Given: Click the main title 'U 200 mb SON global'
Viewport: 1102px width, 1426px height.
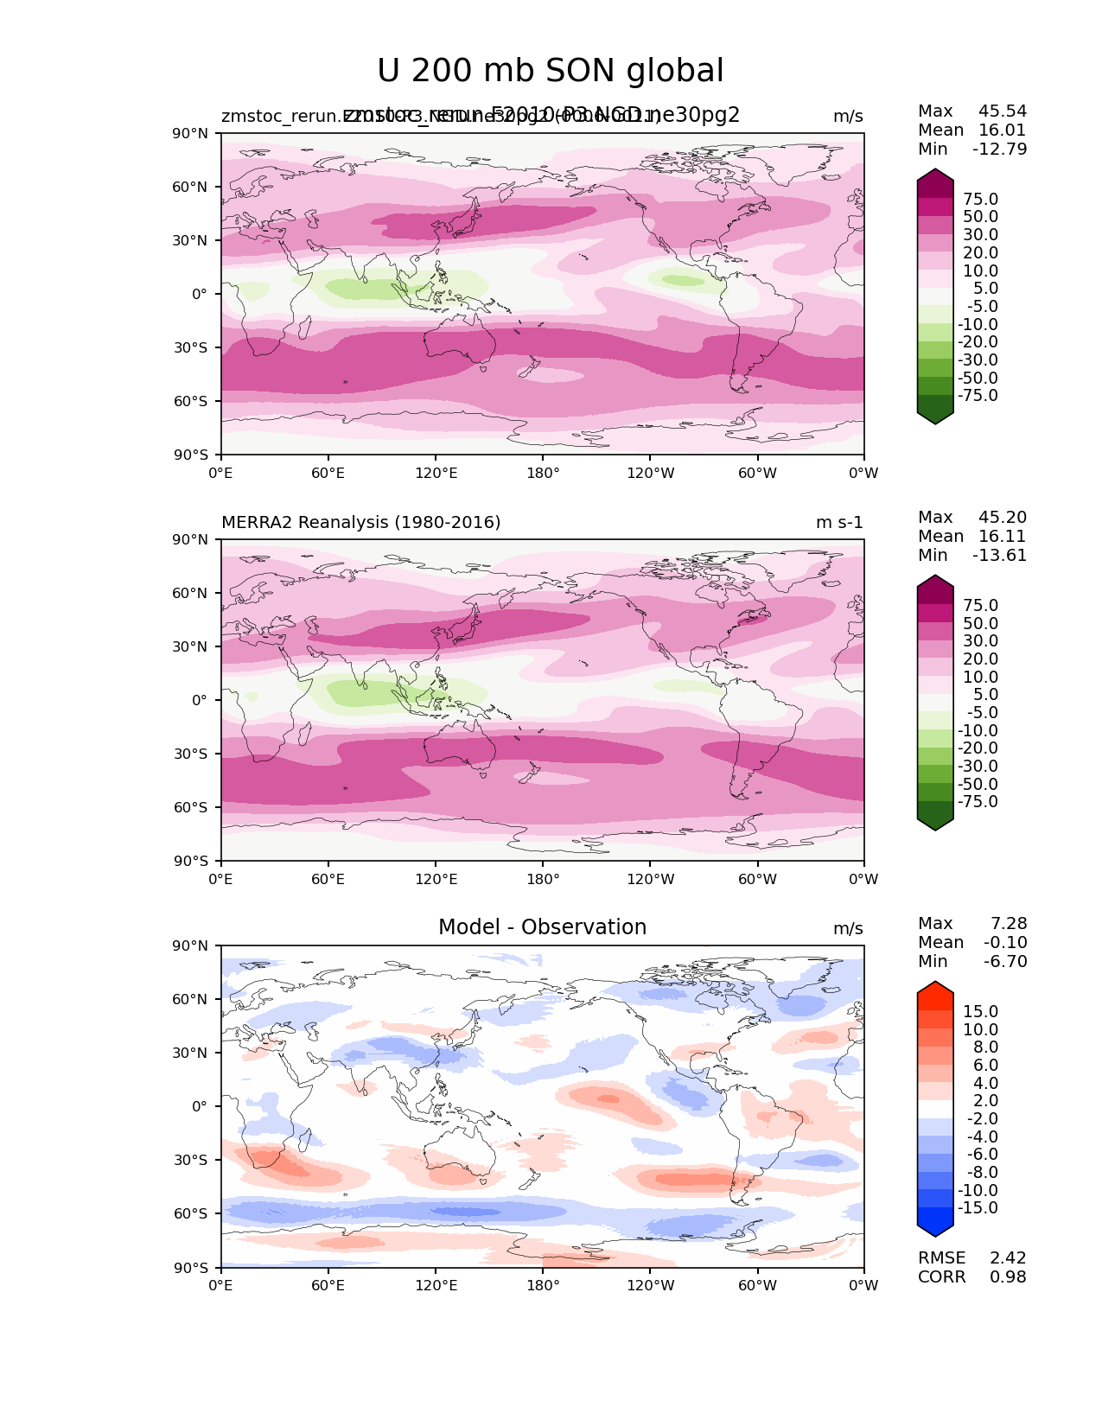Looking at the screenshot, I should pos(550,71).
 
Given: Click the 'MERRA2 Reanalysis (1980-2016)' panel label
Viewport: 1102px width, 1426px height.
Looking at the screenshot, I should pos(360,523).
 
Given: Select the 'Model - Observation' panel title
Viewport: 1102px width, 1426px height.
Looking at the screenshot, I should pos(542,927).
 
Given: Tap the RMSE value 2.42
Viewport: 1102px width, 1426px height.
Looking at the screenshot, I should pos(1008,1258).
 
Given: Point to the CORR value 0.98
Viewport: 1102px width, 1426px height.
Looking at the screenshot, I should pos(1008,1277).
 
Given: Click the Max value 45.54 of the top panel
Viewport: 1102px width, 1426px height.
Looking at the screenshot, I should pos(1003,111).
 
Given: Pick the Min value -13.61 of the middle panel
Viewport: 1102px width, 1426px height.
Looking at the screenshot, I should pos(1000,556).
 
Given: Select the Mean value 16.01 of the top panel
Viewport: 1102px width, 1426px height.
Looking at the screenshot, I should pos(1003,131).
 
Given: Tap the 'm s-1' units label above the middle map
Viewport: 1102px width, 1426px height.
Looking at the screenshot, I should pos(839,523).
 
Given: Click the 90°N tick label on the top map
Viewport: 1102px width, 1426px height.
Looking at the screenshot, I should pos(191,134).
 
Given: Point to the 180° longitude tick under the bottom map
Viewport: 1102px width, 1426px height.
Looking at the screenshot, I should pos(543,1286).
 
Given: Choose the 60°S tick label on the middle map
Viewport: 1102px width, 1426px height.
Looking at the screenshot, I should pos(191,807).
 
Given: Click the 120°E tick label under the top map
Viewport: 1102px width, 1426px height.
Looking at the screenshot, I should pos(436,474).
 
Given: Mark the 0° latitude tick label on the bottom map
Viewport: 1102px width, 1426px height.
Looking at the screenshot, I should pos(200,1106).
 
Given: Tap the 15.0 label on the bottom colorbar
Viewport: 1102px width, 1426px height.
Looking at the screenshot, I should pos(980,1012).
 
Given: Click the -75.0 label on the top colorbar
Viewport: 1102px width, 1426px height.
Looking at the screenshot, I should pos(978,396).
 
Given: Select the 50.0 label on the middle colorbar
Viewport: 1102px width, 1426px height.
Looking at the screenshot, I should pos(980,624).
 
